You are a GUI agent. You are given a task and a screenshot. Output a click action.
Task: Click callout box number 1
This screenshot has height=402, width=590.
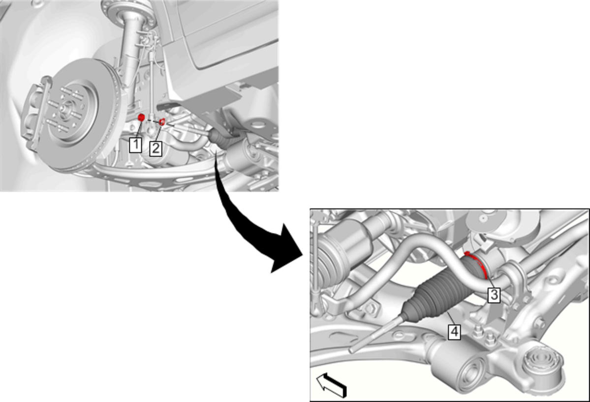[x=135, y=145]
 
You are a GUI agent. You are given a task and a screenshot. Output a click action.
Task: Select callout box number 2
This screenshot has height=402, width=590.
[x=155, y=148]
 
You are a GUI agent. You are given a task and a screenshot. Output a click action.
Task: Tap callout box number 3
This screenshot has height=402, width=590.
[x=494, y=295]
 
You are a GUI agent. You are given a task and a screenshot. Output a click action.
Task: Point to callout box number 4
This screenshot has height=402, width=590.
[x=455, y=332]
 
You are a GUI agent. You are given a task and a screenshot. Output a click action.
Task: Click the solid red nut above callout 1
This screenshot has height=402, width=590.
[x=141, y=118]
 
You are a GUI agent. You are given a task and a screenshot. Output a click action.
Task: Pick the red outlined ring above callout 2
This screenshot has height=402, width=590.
[x=162, y=122]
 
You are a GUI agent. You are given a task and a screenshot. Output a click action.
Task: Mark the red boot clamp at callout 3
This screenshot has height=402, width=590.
[x=477, y=264]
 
